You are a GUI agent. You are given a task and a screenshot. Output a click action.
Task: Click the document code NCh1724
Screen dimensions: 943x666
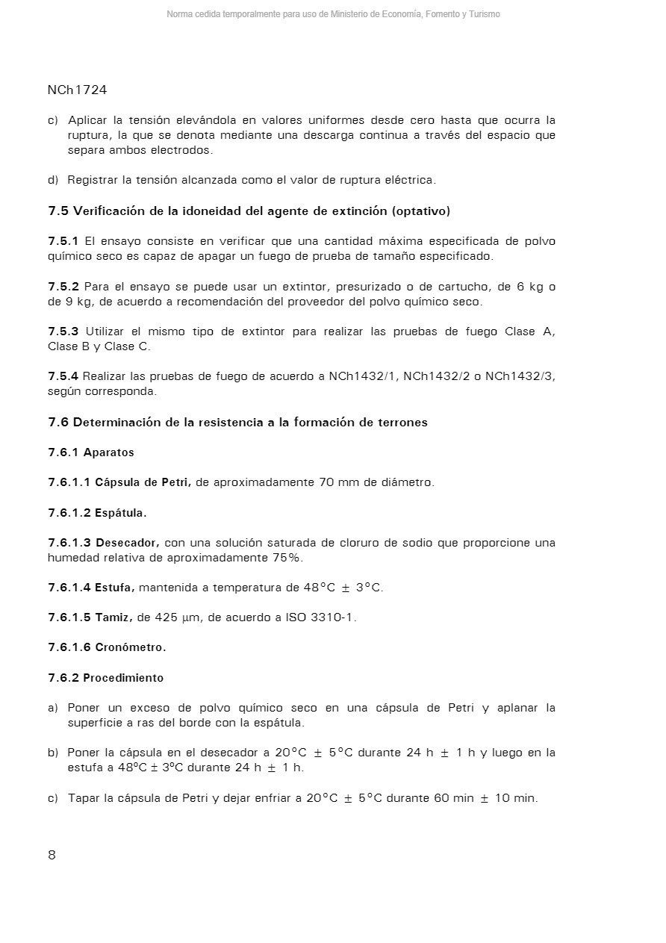[x=77, y=90]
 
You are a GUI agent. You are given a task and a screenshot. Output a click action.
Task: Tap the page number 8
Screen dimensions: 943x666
[x=52, y=855]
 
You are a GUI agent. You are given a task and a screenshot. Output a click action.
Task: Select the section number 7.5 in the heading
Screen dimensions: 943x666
[x=58, y=211]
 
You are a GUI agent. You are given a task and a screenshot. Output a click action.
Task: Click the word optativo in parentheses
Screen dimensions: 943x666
[x=420, y=211]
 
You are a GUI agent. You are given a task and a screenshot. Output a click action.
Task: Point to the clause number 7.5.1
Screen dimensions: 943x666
[x=63, y=241]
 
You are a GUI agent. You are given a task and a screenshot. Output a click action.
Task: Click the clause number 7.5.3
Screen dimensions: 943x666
[x=63, y=332]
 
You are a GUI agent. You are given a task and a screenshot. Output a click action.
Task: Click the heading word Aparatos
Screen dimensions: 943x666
[x=109, y=452]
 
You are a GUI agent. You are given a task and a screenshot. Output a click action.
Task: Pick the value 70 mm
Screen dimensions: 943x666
[x=338, y=482]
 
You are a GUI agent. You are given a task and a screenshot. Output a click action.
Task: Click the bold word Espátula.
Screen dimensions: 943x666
[x=120, y=513]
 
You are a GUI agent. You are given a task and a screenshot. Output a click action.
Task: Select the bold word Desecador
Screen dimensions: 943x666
[x=127, y=543]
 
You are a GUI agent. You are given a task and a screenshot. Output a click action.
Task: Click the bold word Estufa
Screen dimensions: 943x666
[x=114, y=588]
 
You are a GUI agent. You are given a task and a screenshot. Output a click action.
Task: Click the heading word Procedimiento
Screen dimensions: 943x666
[x=123, y=678]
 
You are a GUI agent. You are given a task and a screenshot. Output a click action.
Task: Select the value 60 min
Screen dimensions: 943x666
[x=453, y=798]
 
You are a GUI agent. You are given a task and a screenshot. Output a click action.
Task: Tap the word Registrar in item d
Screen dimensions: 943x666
[x=93, y=180]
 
